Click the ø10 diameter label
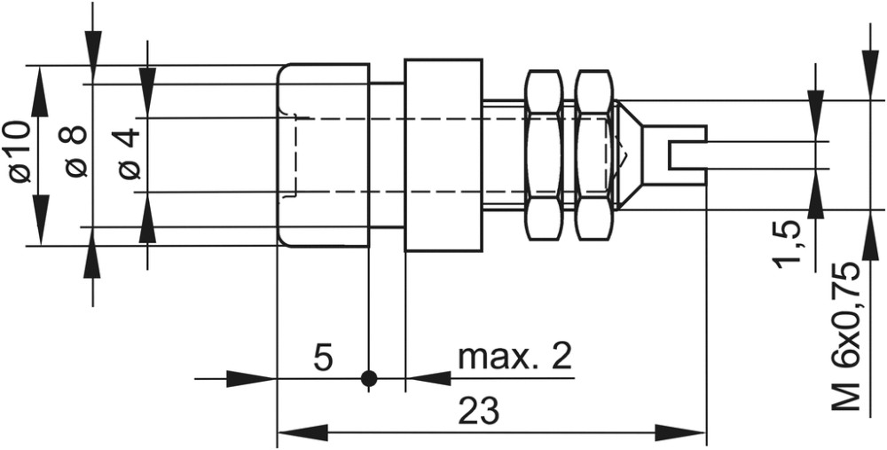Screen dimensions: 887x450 coord(20,151)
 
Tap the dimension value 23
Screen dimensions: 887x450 coord(479,411)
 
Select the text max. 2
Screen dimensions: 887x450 coord(514,356)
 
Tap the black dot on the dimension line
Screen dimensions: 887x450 coord(369,378)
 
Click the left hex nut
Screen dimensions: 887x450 coord(544,154)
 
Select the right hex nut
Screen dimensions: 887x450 coord(593,154)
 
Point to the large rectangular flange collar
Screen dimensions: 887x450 coord(443,154)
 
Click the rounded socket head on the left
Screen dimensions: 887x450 coord(323,155)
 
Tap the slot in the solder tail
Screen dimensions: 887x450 coord(687,155)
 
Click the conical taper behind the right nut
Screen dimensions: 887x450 coord(627,154)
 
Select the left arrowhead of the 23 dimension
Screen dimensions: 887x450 coord(302,432)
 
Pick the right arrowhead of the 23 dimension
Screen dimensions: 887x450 coord(680,432)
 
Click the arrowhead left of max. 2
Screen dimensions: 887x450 coord(428,378)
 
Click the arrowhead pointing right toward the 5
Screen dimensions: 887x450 coord(251,378)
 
